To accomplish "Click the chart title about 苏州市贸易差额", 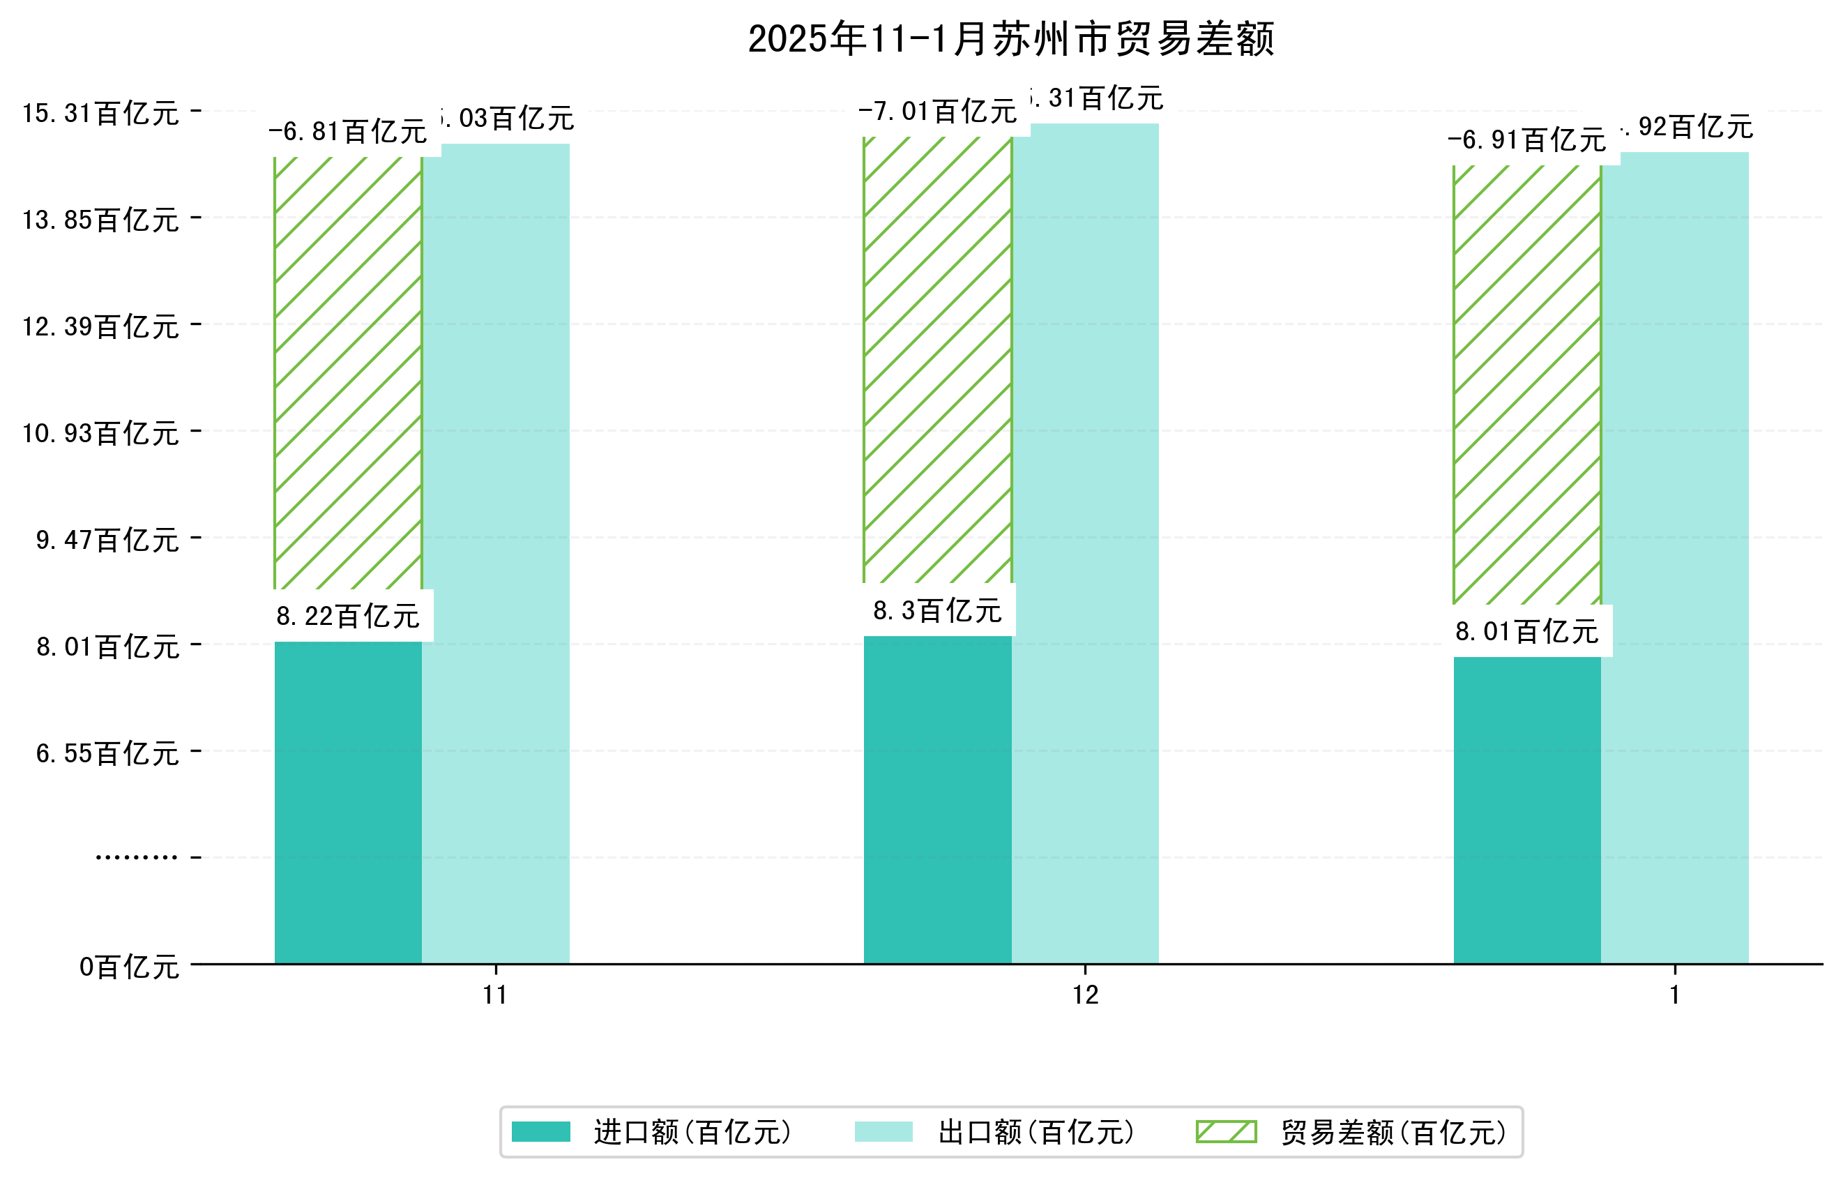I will click(1010, 39).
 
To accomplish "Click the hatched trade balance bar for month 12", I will click(938, 360).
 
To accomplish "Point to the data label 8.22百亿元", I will click(348, 616).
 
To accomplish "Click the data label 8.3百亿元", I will click(938, 611).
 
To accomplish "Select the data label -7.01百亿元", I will click(938, 112).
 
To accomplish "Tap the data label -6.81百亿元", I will click(348, 132).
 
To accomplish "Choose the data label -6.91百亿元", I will click(1527, 140).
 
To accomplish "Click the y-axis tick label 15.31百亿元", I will click(100, 113).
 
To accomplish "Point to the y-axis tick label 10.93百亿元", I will click(100, 434).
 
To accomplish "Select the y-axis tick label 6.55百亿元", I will click(107, 754).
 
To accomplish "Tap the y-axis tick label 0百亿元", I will click(129, 967).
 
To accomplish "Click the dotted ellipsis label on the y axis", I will click(136, 857).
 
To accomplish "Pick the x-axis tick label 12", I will click(1085, 995).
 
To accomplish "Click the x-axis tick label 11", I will click(495, 995).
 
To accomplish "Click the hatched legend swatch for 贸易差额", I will click(1226, 1132).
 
